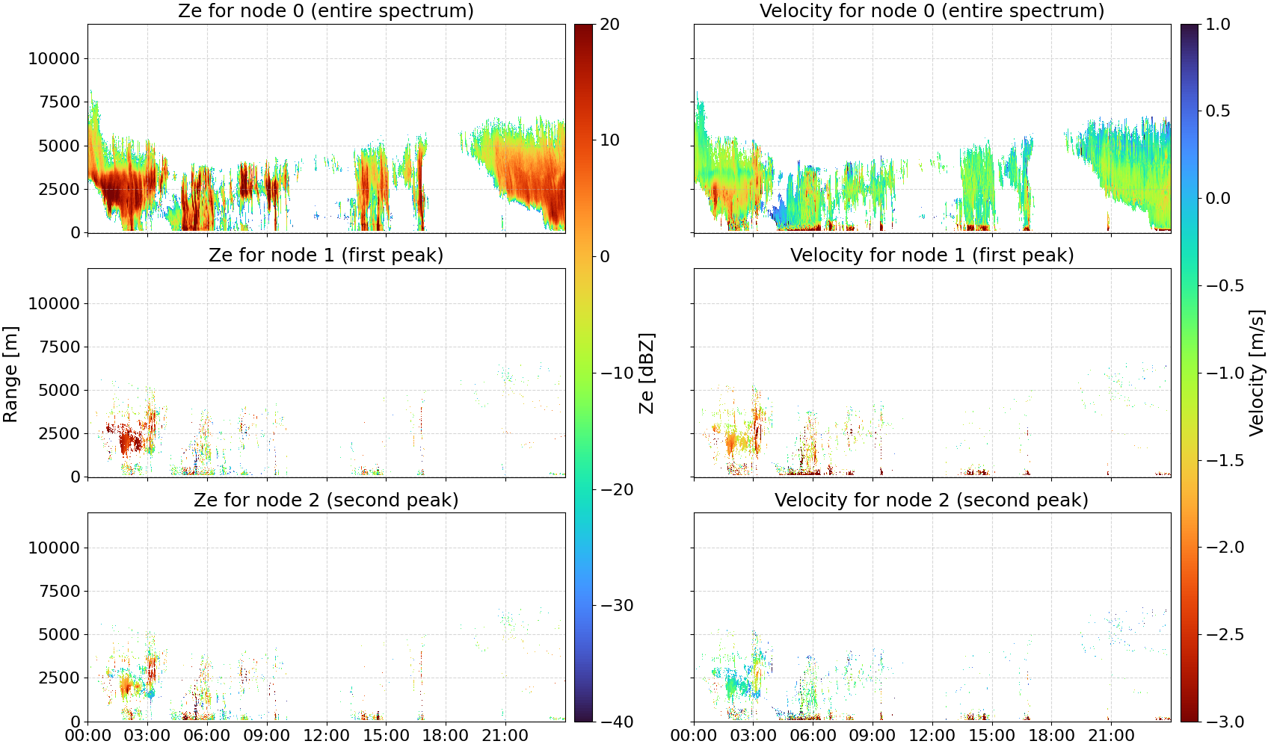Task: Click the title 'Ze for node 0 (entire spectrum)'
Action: coord(326,10)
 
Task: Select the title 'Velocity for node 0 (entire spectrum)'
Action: coord(932,10)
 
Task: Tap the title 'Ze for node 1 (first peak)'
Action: coord(326,255)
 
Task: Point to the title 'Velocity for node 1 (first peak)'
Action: coord(932,255)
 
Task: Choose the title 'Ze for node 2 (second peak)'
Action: coord(326,500)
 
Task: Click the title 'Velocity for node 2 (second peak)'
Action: coord(932,500)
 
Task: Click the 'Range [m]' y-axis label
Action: coord(10,374)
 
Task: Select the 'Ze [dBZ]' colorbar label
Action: coord(646,373)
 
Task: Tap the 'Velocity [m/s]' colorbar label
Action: coord(1256,373)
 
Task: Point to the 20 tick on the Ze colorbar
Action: coord(609,25)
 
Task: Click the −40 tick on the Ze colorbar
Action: coord(616,722)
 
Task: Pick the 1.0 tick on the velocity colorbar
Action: coord(1218,25)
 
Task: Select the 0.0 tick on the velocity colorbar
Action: coord(1218,199)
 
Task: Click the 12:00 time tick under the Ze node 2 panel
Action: coord(326,736)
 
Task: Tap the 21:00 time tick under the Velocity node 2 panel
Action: coord(1111,736)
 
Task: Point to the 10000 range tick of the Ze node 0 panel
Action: coord(54,58)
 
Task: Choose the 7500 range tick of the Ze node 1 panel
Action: coord(59,347)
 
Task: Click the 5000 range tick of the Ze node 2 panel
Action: coord(59,635)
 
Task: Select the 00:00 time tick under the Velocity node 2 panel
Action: coord(693,736)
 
